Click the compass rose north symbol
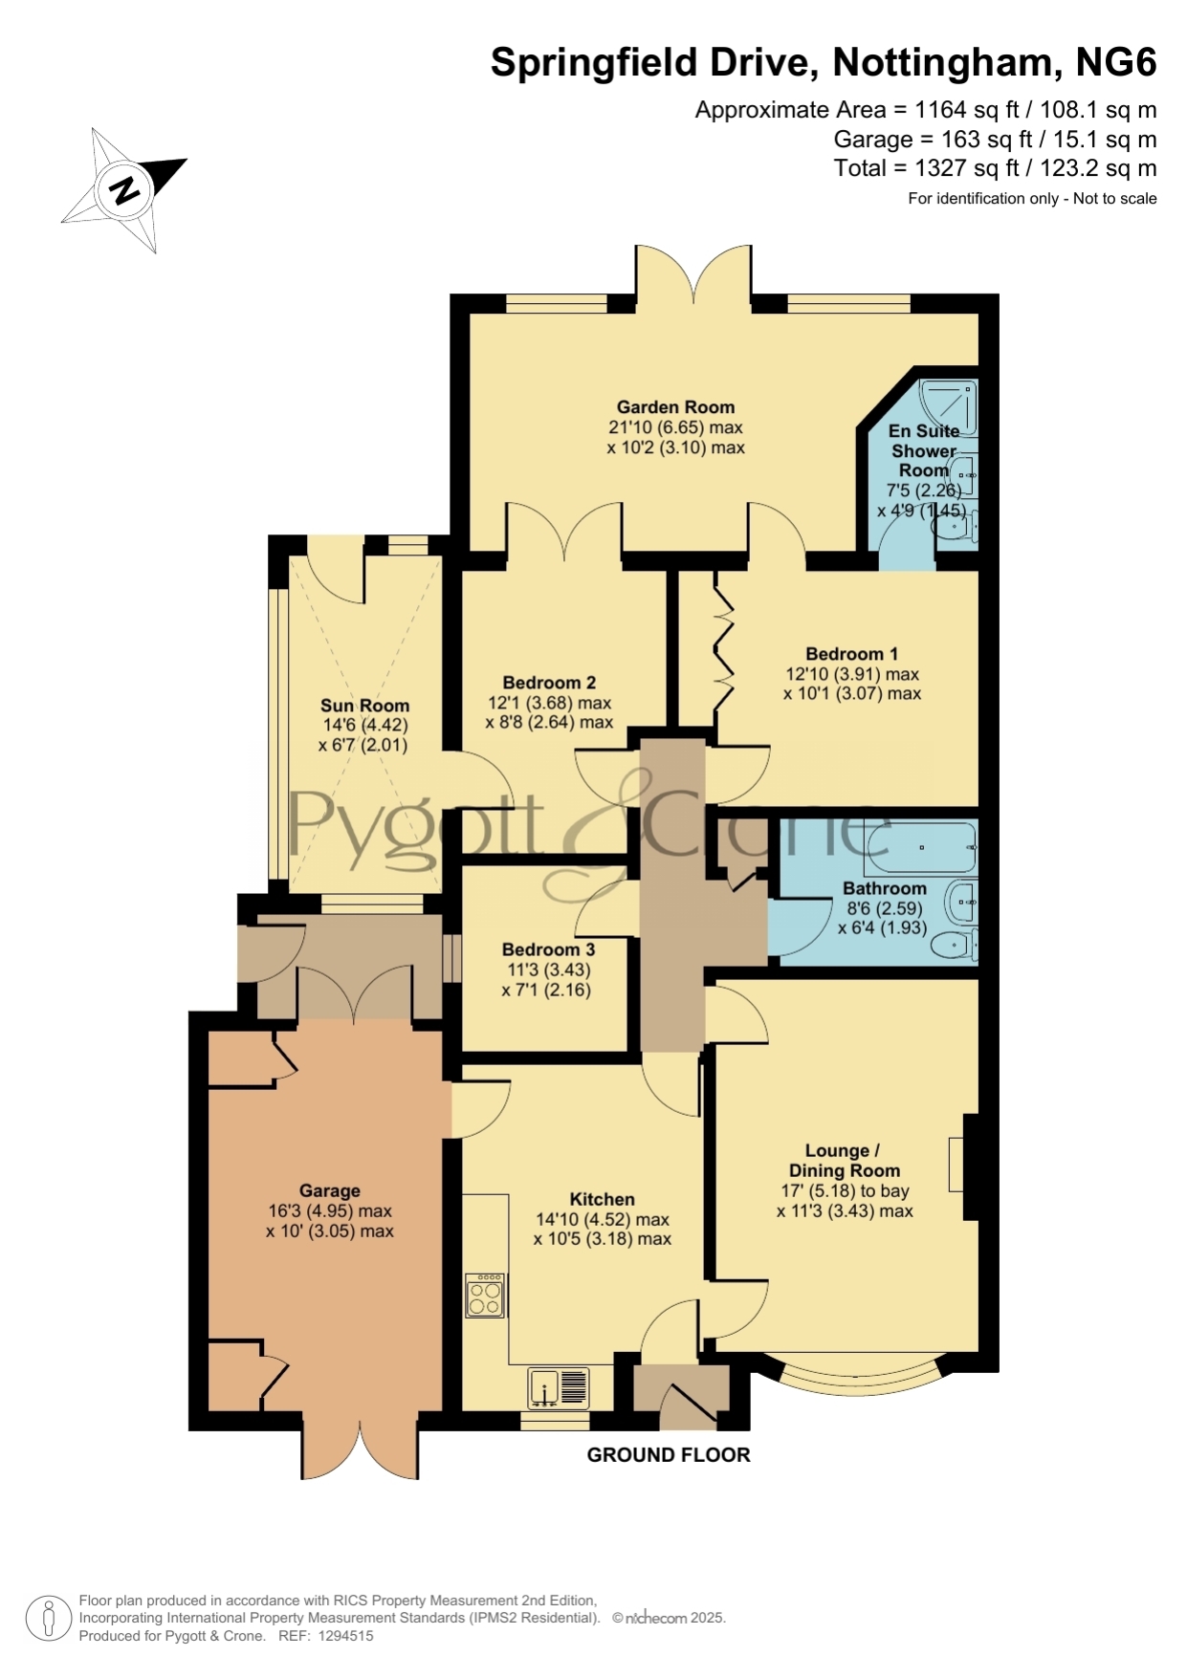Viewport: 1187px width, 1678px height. click(123, 189)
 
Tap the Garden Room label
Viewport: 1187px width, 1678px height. click(675, 407)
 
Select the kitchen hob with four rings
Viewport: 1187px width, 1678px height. click(485, 1296)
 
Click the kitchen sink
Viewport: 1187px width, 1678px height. click(559, 1388)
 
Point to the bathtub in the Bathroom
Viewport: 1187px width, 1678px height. click(920, 847)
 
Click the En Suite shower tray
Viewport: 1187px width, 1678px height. click(947, 407)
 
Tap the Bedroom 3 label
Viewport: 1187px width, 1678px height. click(548, 949)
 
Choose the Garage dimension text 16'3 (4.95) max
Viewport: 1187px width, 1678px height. click(330, 1211)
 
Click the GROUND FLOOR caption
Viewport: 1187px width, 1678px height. click(669, 1455)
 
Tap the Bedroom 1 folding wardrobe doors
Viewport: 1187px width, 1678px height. click(723, 640)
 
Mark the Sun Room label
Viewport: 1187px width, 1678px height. click(364, 707)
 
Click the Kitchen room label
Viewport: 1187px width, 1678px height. click(602, 1200)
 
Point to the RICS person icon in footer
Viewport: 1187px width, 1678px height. click(47, 1620)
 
